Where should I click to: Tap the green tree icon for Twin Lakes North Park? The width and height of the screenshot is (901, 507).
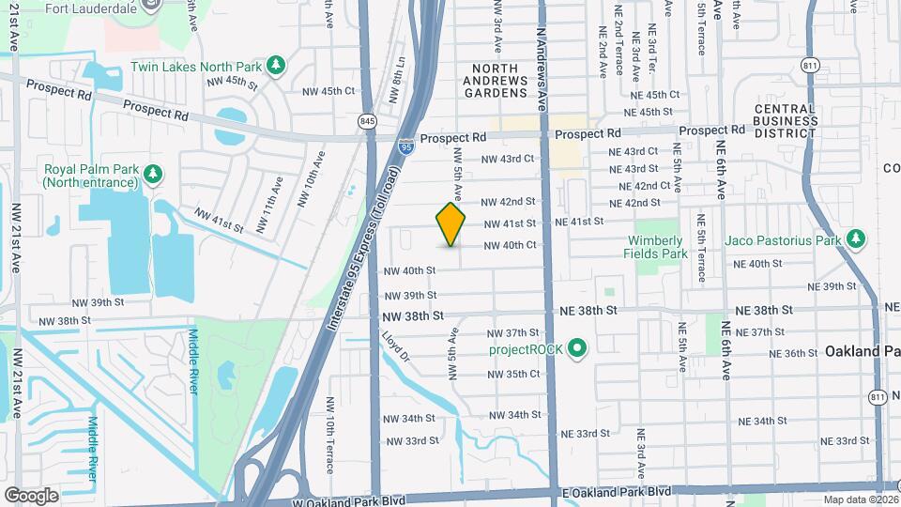tap(276, 65)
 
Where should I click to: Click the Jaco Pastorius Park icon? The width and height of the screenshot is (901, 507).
tap(855, 239)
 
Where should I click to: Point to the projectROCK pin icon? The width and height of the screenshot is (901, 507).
tap(578, 350)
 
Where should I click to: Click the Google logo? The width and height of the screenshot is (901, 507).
tap(31, 495)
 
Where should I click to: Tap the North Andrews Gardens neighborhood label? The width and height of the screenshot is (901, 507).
tap(498, 81)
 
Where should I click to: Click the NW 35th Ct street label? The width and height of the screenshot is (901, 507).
tap(513, 374)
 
